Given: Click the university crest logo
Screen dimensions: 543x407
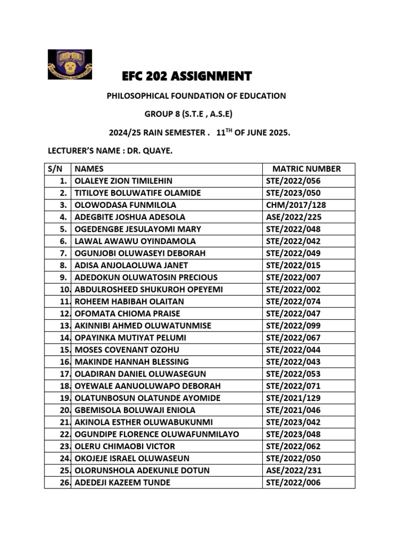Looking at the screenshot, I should pos(70,64).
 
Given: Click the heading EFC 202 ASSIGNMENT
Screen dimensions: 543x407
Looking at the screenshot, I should pos(187,76).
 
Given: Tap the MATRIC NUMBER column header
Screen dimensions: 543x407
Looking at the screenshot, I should pos(306,169).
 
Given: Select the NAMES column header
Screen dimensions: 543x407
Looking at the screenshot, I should pos(89,169).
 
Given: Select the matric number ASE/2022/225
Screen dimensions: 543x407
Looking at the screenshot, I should pos(293,217).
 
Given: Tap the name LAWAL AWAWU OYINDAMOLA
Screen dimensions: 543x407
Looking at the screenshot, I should pos(128,241).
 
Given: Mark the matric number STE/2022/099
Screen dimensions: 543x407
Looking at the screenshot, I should pos(293,326).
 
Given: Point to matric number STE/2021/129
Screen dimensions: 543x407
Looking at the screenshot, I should pos(293,398).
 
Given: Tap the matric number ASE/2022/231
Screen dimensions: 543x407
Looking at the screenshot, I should pos(293,470).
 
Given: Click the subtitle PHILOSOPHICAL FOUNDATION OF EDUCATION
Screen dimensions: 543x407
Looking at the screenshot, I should pos(197,96).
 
